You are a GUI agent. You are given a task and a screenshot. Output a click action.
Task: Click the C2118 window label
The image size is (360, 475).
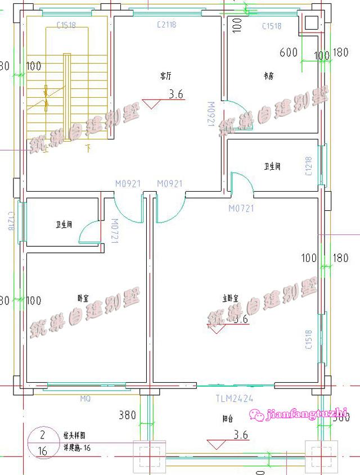(x=167, y=25)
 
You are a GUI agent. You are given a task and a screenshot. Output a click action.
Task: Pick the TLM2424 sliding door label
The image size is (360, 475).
(x=234, y=400)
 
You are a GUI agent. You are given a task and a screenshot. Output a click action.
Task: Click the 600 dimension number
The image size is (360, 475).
(x=288, y=53)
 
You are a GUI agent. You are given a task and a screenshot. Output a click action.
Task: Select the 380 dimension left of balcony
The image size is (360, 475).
(x=127, y=416)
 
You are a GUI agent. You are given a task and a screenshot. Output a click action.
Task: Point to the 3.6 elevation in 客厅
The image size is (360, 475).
(x=176, y=94)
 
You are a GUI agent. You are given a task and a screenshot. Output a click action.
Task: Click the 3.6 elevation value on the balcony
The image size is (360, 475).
(x=241, y=435)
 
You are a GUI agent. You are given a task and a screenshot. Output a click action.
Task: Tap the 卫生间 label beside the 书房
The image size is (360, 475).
(x=272, y=166)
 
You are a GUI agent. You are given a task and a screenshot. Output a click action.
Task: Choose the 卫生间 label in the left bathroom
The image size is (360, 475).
(x=63, y=225)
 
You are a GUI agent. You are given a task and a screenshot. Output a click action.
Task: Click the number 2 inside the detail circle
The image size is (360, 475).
(x=42, y=435)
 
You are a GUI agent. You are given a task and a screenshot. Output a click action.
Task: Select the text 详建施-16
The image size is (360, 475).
(x=76, y=447)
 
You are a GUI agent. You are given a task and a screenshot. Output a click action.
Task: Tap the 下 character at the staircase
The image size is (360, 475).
(x=88, y=148)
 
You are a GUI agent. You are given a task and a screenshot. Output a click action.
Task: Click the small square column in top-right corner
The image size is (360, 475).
(x=310, y=22)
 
